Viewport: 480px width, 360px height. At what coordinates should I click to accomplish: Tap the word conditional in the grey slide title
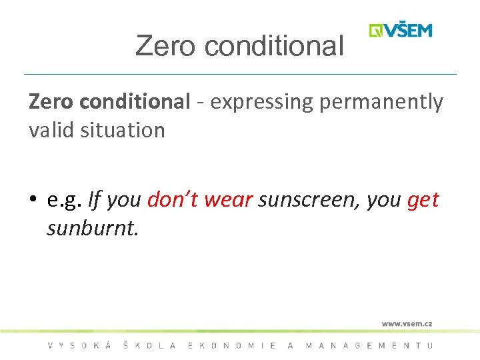point(275,46)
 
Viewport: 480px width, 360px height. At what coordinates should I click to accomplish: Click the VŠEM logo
point(401,30)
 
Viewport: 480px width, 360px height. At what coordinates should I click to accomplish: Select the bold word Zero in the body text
point(52,102)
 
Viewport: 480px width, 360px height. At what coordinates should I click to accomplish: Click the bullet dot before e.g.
point(33,200)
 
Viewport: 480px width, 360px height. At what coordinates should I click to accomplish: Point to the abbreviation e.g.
point(65,200)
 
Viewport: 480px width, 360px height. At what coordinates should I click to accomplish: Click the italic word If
point(94,199)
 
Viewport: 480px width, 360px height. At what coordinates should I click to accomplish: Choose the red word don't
point(172,199)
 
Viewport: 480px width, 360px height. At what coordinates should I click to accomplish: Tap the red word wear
point(228,200)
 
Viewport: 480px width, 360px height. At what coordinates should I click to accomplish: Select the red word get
point(423,200)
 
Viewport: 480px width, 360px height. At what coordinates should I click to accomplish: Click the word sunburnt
point(92,228)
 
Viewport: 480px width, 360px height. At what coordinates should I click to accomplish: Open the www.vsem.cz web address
point(407,323)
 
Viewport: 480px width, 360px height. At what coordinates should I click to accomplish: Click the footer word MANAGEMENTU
point(369,345)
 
